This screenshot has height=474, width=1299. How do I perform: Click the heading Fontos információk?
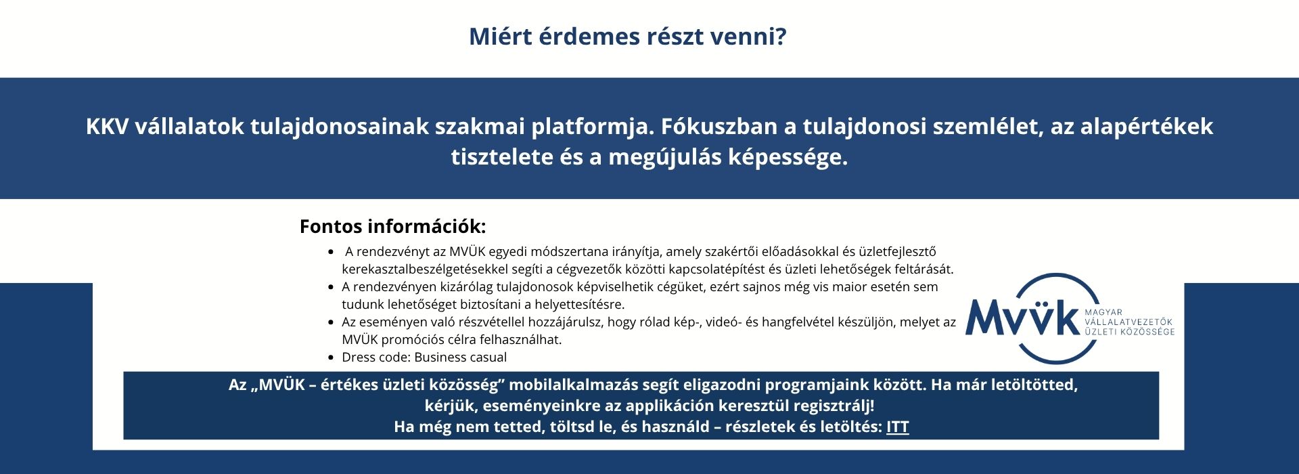coord(392,226)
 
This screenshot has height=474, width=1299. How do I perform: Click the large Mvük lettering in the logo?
coord(1022,317)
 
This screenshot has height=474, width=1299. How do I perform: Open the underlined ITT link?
coord(898,427)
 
